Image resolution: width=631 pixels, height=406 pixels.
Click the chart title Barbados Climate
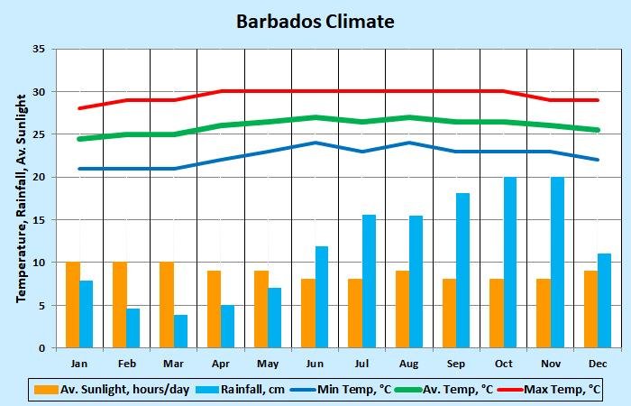click(315, 21)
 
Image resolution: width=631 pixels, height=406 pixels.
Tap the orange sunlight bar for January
click(72, 305)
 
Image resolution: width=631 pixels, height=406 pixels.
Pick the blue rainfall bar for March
click(180, 331)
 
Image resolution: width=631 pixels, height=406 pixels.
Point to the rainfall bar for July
click(369, 281)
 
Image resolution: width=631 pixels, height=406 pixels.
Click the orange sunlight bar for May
click(261, 309)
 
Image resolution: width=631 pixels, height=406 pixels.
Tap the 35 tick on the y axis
click(38, 50)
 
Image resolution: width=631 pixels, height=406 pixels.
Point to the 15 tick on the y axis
click(38, 220)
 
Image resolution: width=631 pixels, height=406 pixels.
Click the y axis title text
click(21, 198)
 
